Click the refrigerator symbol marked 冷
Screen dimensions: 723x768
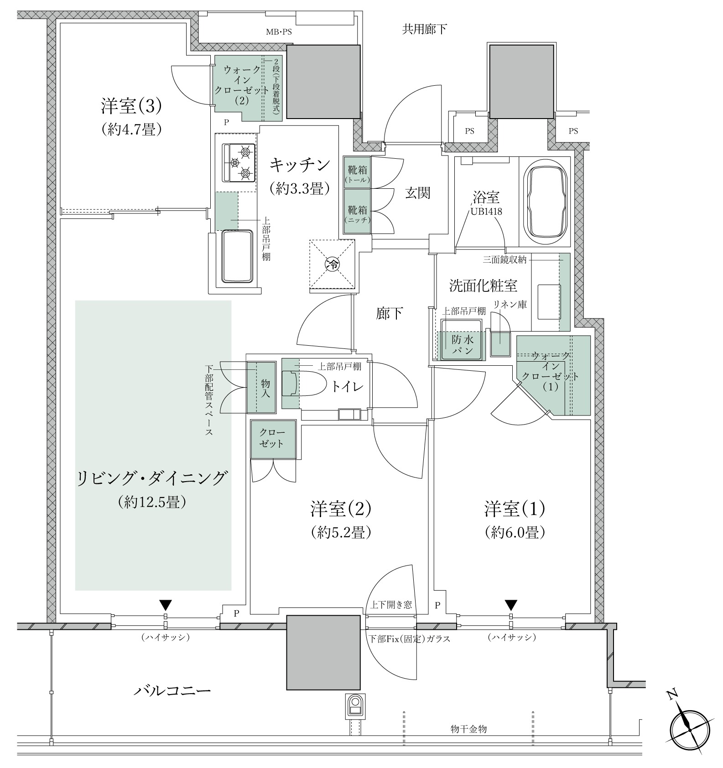333,264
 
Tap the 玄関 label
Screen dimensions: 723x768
418,193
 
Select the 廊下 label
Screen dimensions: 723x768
390,313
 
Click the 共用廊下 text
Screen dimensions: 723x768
424,30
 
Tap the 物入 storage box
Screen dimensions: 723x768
262,387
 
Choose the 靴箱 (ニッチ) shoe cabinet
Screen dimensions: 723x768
357,212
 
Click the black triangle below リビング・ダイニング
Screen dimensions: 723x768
166,605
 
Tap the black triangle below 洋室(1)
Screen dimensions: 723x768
511,605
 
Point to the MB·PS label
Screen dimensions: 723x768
279,32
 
